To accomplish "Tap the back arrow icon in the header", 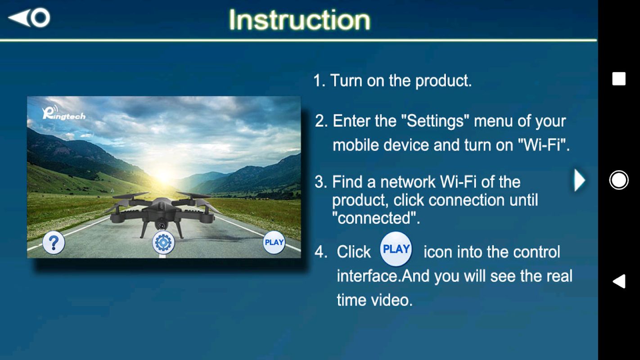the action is pos(29,18).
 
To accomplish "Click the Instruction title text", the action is pos(299,20).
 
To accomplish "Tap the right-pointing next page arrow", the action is pos(580,180).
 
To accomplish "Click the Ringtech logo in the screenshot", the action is pos(64,112).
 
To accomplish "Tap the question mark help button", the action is pos(54,243).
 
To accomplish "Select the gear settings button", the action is pos(163,243).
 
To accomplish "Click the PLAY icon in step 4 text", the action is pos(396,249).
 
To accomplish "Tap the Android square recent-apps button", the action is pos(619,79).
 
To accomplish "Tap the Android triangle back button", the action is pos(619,281).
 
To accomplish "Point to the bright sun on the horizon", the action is pos(163,175).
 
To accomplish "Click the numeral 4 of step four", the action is pos(320,252).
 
